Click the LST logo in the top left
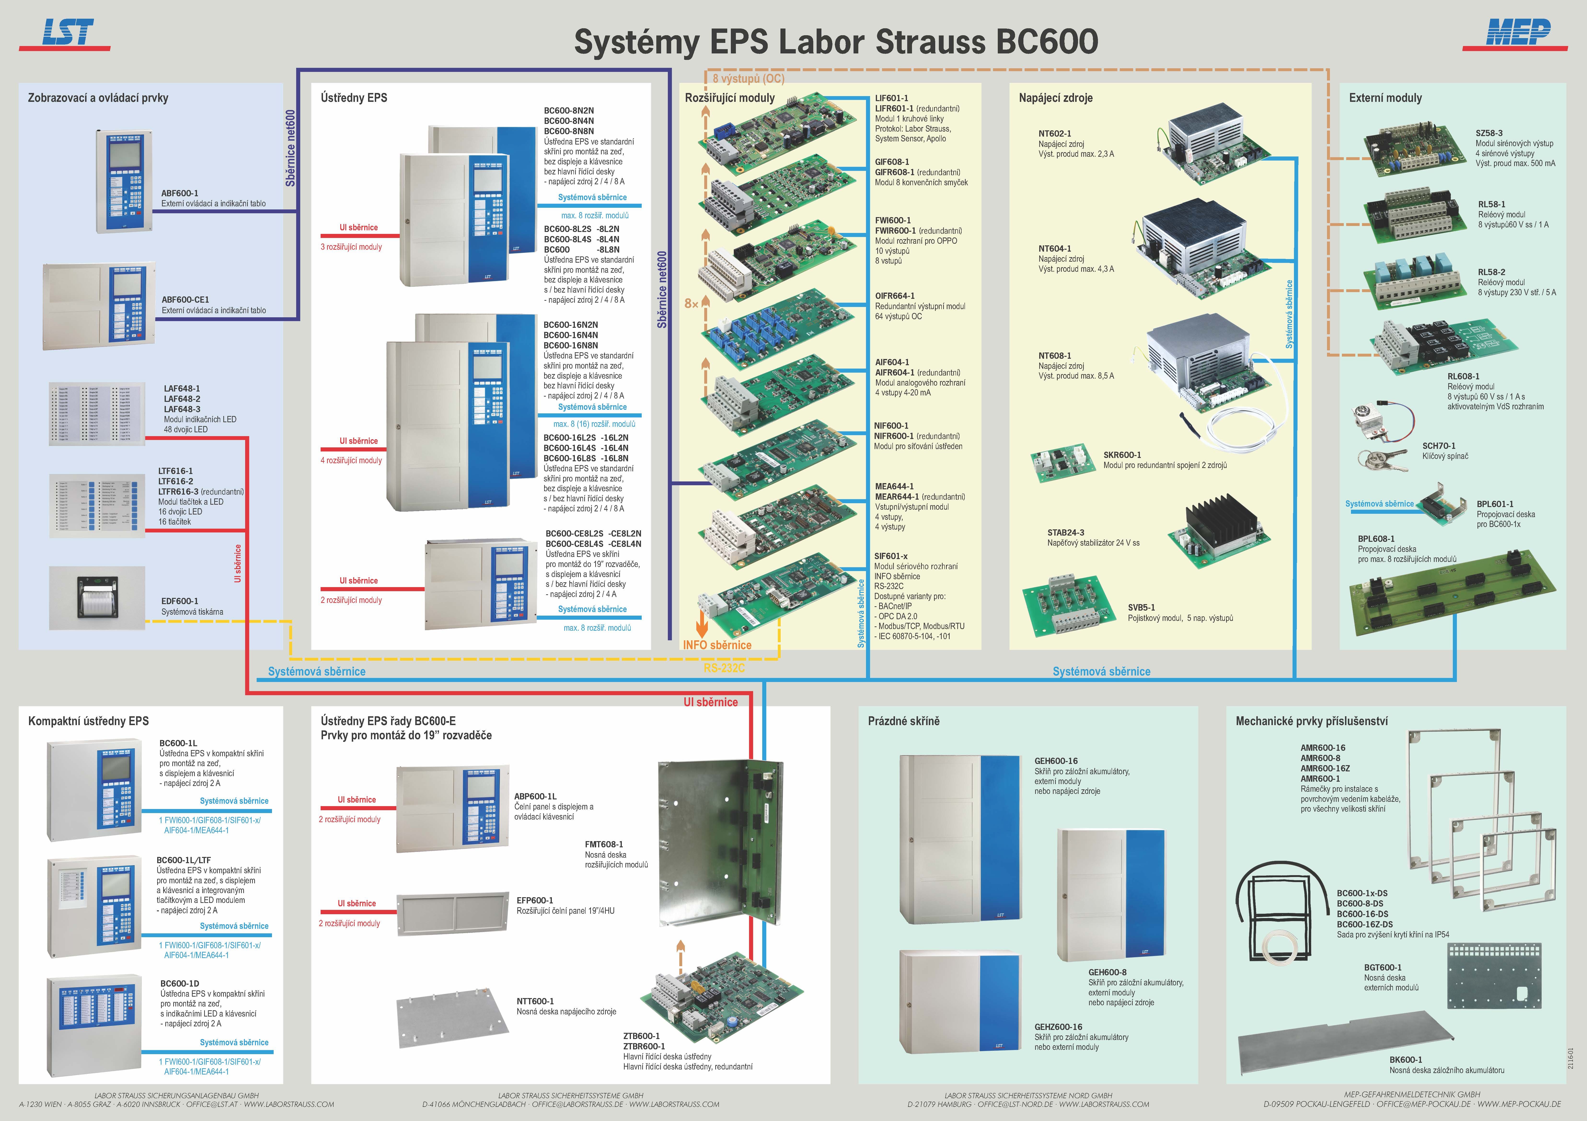67,33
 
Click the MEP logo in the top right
1518,33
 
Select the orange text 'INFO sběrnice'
717,645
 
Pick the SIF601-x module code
891,556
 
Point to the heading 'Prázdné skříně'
903,721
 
